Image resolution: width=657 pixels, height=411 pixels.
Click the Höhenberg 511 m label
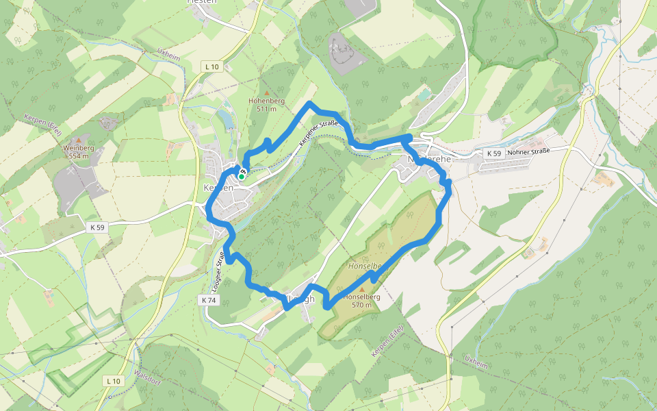(x=266, y=104)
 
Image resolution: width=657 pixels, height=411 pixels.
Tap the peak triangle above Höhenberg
(x=266, y=92)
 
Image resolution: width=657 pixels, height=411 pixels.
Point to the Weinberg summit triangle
(x=78, y=140)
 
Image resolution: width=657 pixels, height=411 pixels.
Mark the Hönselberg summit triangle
(x=361, y=289)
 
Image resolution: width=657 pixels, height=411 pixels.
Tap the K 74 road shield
(x=209, y=300)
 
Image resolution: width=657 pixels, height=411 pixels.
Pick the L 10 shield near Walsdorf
(x=113, y=380)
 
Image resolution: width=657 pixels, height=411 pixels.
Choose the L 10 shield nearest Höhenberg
(x=212, y=66)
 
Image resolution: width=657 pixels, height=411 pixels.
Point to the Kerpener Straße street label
(x=319, y=134)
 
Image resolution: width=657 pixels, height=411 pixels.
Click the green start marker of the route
(x=242, y=176)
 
